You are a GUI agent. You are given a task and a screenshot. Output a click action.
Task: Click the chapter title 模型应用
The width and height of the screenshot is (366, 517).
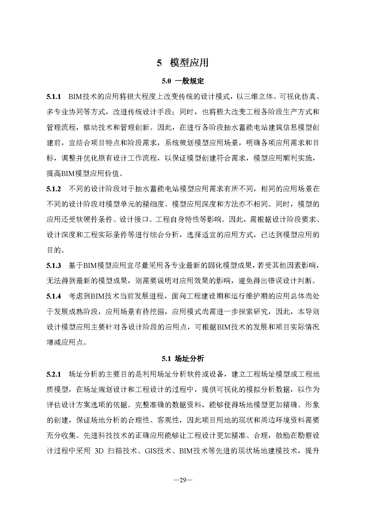coord(189,63)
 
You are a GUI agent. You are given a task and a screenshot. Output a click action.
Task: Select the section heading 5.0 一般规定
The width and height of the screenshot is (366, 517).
coord(183,81)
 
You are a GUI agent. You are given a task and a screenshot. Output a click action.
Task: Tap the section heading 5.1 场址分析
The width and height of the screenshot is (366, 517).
coord(183,359)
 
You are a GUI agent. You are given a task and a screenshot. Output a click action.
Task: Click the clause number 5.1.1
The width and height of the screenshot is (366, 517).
coord(53,97)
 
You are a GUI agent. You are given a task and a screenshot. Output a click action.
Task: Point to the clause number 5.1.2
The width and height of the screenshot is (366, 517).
coord(53,189)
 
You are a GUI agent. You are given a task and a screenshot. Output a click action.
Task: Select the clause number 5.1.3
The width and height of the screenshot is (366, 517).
coord(53,266)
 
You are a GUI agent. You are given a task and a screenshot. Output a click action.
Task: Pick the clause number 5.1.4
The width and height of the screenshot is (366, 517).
coord(53,297)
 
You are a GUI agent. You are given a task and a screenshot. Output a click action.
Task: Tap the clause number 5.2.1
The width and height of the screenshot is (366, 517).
coord(53,374)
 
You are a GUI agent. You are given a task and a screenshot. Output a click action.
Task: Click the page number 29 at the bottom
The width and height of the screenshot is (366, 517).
coord(183,480)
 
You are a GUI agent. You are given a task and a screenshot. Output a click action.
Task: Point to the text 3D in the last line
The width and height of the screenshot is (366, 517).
coord(99,451)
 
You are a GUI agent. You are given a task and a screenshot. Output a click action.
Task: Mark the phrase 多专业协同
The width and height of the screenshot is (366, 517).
coord(65,112)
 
